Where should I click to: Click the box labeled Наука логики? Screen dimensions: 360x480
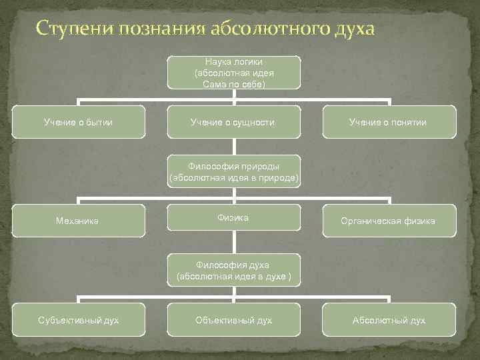point(233,72)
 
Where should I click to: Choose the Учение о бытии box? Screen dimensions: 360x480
point(78,122)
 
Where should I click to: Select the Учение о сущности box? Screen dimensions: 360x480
point(233,122)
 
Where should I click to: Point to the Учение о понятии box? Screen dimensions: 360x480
point(389,122)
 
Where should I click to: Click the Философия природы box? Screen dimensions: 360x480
point(233,171)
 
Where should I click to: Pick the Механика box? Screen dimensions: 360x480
point(78,221)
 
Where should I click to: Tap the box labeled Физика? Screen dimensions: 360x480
point(233,219)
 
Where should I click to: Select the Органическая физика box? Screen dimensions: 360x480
point(389,221)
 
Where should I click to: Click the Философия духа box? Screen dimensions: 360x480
point(233,270)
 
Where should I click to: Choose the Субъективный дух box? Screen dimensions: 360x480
point(78,320)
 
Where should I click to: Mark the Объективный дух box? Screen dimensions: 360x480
point(233,320)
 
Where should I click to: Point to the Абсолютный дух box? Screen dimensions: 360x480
point(389,320)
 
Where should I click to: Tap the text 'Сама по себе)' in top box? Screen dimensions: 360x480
point(233,85)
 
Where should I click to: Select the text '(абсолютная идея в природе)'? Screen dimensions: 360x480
point(234,177)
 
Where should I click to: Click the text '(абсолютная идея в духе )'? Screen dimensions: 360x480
point(233,276)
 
